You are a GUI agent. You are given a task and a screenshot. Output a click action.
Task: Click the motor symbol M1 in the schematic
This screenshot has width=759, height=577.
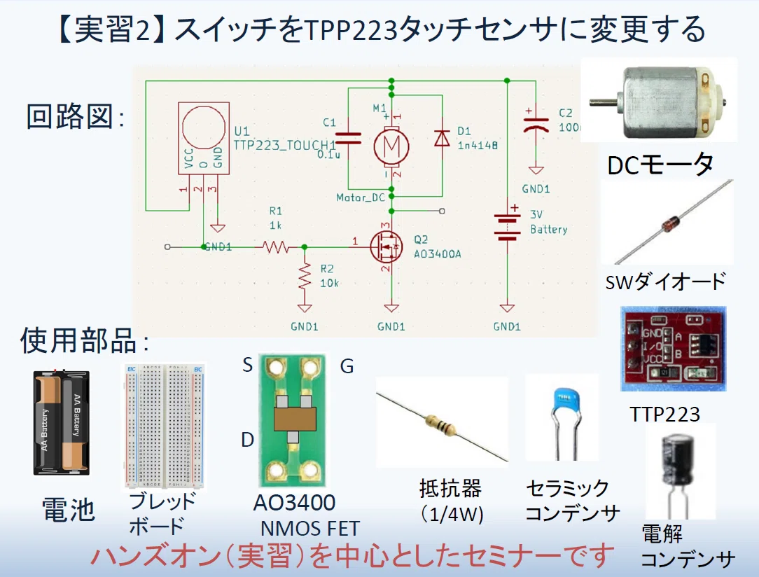[391, 146]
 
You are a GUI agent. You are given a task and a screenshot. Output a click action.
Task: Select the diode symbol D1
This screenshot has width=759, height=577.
[441, 138]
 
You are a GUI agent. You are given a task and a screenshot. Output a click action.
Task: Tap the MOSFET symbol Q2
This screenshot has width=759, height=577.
[387, 247]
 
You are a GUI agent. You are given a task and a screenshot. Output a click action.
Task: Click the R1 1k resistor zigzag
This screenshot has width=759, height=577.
[275, 247]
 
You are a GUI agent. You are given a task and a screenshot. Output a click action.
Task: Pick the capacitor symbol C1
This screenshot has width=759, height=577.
[348, 139]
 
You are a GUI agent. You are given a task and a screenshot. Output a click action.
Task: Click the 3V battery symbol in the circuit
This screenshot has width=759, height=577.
[507, 227]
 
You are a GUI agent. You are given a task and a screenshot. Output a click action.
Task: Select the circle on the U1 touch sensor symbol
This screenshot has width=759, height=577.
[203, 126]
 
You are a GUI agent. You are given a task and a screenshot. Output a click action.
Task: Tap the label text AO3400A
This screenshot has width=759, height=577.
[437, 254]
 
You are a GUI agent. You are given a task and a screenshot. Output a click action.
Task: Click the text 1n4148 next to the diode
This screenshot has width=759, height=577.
[478, 145]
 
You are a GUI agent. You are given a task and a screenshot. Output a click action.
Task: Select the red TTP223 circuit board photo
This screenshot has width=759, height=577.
[674, 349]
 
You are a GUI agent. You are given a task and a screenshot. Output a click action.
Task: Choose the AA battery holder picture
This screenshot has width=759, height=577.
[62, 422]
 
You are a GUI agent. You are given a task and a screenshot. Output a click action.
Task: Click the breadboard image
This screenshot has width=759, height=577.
[165, 426]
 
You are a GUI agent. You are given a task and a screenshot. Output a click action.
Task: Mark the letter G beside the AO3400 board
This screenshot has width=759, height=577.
[347, 366]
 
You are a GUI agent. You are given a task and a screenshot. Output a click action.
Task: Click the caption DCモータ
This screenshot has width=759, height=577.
[661, 165]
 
